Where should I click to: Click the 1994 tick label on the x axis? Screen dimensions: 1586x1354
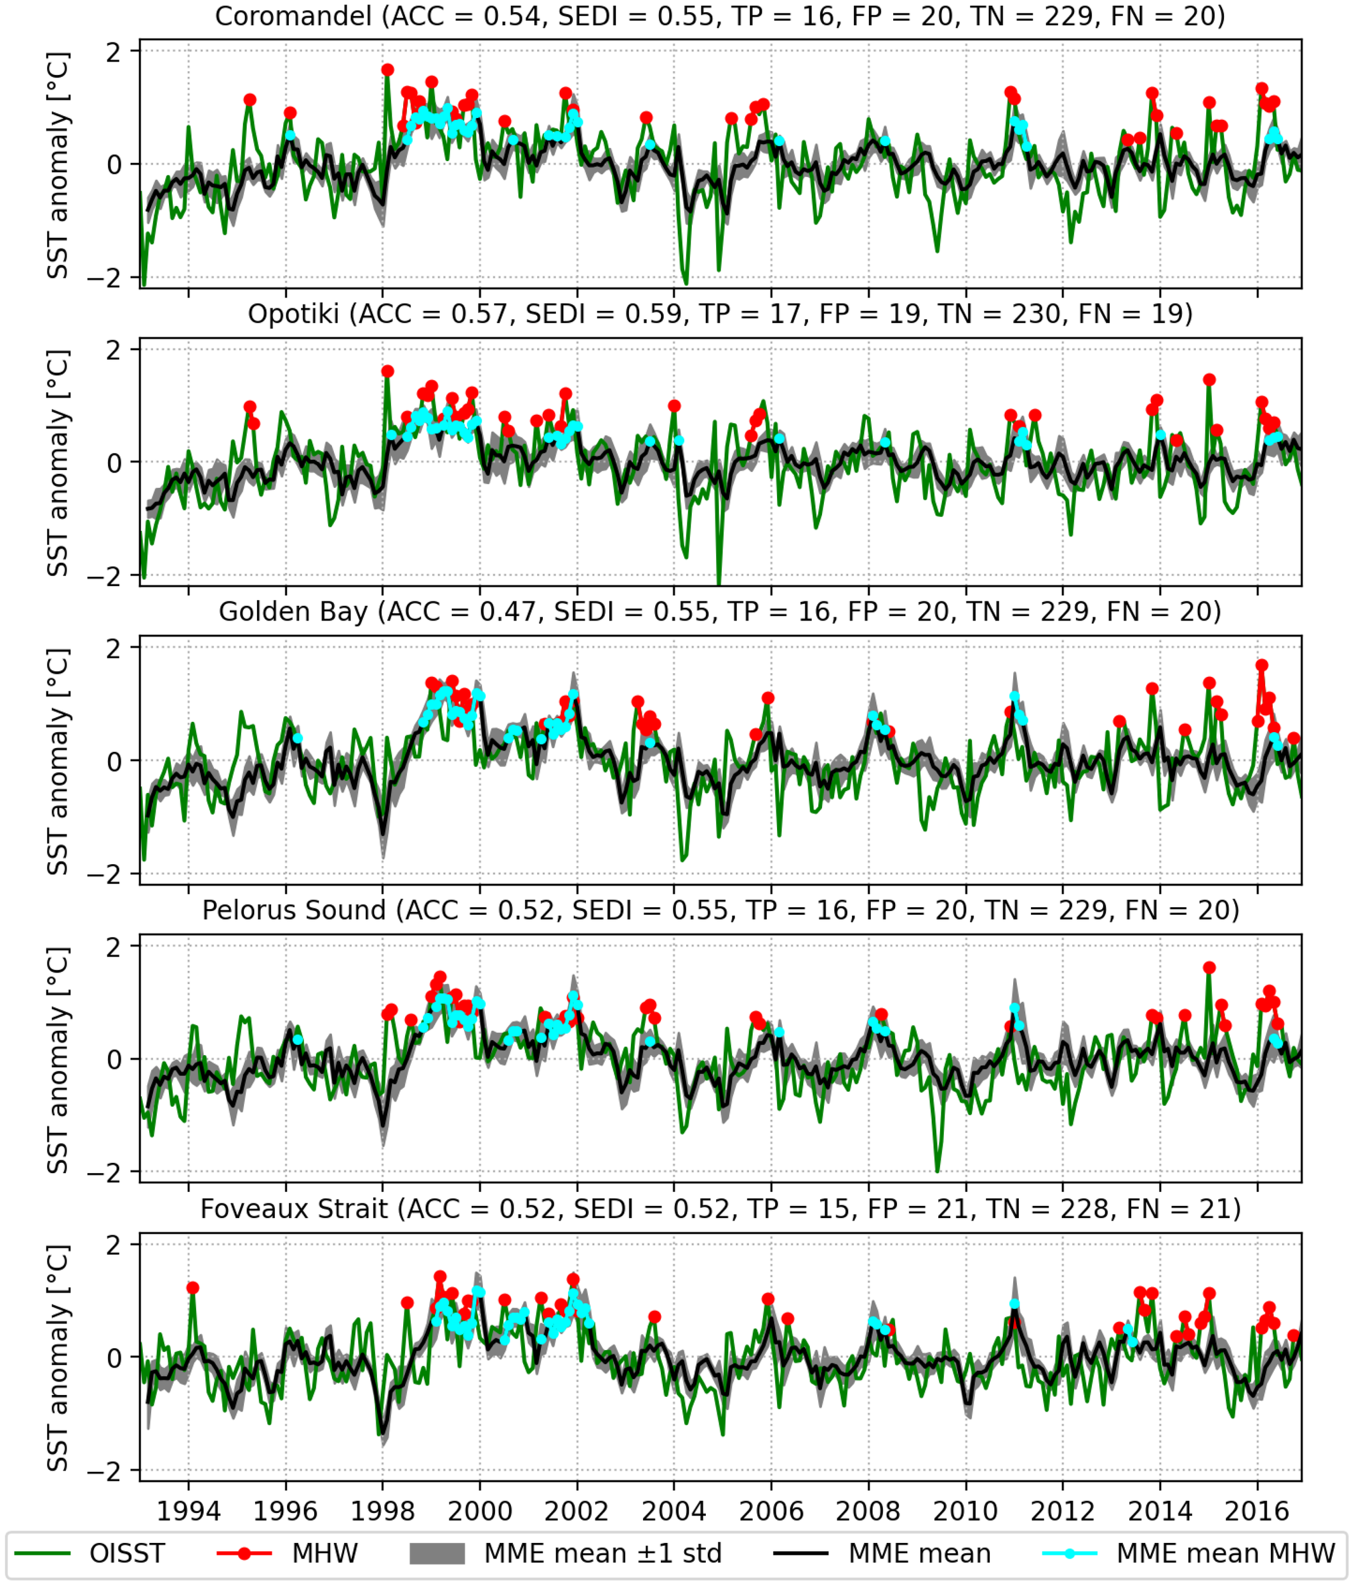[189, 1512]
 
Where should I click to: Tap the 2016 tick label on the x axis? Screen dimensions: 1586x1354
[1257, 1512]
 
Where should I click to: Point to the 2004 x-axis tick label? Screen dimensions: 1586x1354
[674, 1512]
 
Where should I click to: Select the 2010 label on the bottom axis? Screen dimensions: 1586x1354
[966, 1512]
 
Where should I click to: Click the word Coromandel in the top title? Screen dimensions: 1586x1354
[293, 16]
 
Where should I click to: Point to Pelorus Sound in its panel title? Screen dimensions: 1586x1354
[294, 910]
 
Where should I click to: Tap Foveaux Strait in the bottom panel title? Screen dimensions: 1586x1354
[294, 1209]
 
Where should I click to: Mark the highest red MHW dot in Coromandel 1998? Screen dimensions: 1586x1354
[387, 70]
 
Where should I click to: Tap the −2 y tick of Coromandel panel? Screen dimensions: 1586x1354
[103, 278]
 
